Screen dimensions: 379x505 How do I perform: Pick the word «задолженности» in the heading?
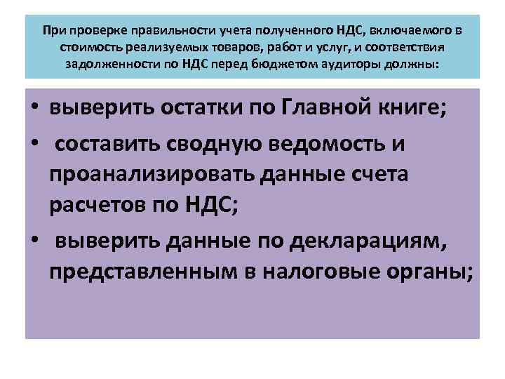click(104, 65)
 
